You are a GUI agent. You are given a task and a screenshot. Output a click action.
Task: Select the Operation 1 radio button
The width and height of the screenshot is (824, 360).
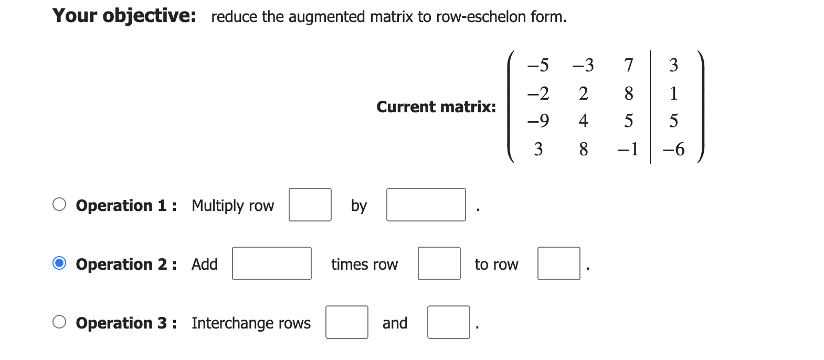[59, 204]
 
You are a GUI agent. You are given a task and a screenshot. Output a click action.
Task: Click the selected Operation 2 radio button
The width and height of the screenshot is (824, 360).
[59, 263]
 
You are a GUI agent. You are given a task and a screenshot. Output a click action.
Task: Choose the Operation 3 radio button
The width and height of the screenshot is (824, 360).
[59, 322]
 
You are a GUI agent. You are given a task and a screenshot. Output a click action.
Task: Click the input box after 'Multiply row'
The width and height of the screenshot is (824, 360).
[310, 205]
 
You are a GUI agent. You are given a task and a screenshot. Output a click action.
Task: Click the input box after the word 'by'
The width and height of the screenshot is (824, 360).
[426, 205]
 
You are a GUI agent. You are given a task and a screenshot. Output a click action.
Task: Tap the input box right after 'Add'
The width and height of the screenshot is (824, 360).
[271, 263]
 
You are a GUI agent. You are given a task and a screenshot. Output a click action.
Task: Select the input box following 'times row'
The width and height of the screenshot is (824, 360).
[439, 263]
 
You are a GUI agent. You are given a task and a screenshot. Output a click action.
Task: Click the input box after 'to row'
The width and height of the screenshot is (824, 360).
[558, 263]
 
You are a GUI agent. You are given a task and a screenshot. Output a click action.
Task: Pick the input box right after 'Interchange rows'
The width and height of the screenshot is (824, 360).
[346, 322]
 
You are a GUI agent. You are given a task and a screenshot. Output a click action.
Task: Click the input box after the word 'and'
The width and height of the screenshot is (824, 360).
[448, 322]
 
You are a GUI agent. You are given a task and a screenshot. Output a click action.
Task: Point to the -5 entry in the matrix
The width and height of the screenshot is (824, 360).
[538, 65]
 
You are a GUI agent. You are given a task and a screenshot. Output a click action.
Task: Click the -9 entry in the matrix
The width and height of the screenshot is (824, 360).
[538, 121]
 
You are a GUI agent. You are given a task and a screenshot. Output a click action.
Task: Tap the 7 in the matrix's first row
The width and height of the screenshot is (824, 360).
[628, 65]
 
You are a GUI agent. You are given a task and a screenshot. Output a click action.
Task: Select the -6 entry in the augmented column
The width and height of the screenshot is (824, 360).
[673, 150]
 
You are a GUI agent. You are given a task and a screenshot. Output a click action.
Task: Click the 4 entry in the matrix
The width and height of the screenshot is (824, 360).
[583, 121]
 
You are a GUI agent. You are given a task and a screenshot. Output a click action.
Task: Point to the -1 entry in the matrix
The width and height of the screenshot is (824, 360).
[628, 150]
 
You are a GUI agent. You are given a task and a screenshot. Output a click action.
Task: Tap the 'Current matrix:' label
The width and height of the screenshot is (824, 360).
[436, 107]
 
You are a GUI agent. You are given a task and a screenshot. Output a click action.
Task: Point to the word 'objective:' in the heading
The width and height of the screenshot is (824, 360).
[149, 16]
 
